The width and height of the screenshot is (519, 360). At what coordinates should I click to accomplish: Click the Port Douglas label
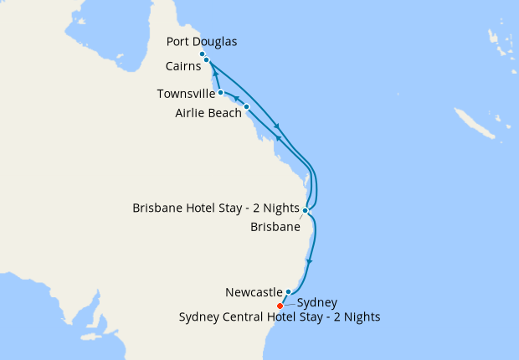(x=202, y=41)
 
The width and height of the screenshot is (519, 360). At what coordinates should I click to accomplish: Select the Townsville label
(x=185, y=94)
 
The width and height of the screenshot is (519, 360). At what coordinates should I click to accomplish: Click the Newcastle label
(x=254, y=292)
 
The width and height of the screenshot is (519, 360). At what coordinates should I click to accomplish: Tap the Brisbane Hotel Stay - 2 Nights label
(x=215, y=208)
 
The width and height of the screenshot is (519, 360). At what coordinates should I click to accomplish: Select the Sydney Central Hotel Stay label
(x=280, y=316)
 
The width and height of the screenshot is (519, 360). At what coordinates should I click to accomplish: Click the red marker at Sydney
(x=280, y=306)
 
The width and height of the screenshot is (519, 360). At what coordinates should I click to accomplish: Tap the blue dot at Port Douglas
(x=203, y=54)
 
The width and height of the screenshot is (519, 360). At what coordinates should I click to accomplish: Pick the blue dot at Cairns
(x=207, y=59)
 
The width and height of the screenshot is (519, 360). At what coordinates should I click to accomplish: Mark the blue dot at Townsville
(x=220, y=93)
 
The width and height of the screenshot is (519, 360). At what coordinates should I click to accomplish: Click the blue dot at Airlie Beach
(x=246, y=107)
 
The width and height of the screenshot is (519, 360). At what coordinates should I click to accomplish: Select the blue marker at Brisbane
(x=306, y=210)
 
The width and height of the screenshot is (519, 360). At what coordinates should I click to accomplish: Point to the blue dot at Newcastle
(x=288, y=292)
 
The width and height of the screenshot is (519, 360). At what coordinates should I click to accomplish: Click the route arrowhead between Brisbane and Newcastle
(x=311, y=261)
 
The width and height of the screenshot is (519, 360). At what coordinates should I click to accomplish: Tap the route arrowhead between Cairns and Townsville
(x=216, y=75)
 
